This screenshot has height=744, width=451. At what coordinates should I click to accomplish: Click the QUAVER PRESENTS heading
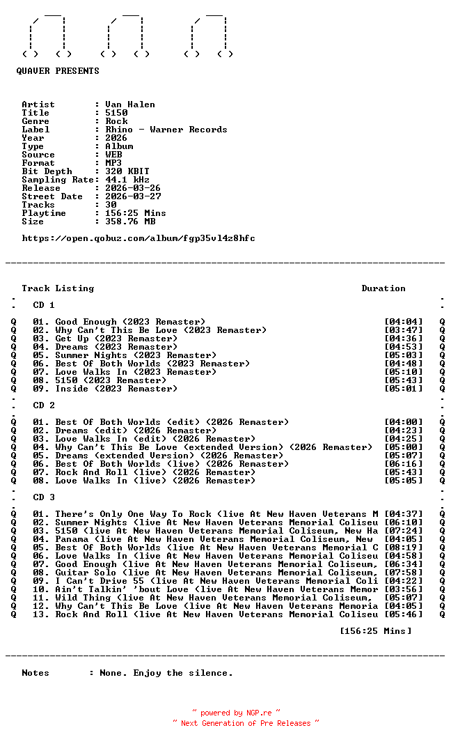(x=58, y=71)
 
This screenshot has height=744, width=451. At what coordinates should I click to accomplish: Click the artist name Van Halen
(x=130, y=104)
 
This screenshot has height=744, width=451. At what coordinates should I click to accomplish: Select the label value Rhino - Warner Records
(x=166, y=130)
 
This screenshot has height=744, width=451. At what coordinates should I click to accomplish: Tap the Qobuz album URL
(x=139, y=238)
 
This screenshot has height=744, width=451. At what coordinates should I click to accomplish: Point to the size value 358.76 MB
(x=130, y=222)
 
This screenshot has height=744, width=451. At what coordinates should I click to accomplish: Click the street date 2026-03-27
(x=133, y=196)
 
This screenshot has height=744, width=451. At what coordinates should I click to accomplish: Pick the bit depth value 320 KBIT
(x=127, y=171)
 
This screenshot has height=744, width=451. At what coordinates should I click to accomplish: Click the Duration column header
(x=383, y=288)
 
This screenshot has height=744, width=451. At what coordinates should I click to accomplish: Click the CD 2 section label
(x=44, y=405)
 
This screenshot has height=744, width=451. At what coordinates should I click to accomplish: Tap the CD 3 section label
(x=44, y=497)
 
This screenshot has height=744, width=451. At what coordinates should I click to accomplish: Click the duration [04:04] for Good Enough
(x=404, y=322)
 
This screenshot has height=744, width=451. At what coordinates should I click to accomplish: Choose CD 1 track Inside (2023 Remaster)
(x=116, y=389)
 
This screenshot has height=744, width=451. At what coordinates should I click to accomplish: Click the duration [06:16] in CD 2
(x=404, y=464)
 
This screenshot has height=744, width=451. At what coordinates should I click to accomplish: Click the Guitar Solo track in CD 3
(x=216, y=573)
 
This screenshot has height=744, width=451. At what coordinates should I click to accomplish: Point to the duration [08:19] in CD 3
(x=404, y=548)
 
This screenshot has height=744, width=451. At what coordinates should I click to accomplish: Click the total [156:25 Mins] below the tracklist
(x=376, y=631)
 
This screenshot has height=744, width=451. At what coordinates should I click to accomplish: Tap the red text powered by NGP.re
(x=237, y=713)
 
